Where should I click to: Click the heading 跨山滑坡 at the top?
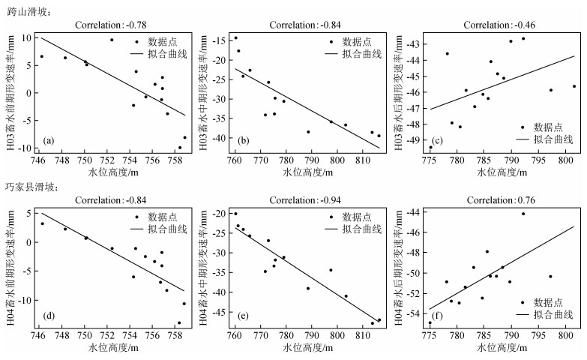point(26,10)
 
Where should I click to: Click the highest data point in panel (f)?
point(523,214)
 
